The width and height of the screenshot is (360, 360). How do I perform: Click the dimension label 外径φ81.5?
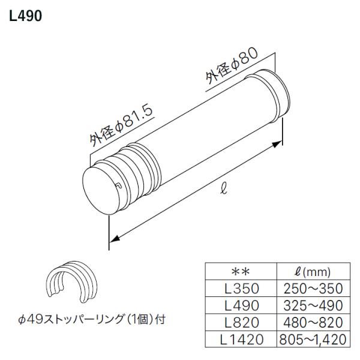[119, 125]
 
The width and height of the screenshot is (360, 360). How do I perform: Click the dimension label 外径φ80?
[232, 67]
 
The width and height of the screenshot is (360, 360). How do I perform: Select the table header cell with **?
[240, 271]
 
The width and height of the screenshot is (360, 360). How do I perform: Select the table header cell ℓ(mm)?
[311, 271]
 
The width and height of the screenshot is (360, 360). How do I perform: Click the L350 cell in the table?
[240, 289]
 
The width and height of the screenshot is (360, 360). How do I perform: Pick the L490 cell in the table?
[240, 305]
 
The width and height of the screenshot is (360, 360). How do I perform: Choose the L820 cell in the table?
[240, 323]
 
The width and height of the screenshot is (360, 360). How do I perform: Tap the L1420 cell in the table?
[240, 340]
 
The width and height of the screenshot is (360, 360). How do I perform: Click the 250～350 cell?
[311, 289]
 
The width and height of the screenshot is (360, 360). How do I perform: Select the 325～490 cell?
[311, 305]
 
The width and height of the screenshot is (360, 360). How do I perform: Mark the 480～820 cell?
[311, 323]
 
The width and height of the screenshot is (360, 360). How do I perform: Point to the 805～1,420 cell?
[311, 340]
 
